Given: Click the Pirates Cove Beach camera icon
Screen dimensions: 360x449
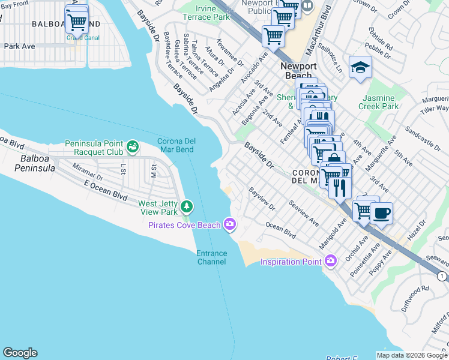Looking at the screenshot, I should point(229,224).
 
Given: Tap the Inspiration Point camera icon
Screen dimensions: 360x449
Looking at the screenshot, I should point(330,260).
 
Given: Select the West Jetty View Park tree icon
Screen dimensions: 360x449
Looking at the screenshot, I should point(187,207).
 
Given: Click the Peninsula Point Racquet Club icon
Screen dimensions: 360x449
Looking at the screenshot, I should point(132,145).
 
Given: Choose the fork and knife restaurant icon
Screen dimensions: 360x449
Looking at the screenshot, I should point(340,188).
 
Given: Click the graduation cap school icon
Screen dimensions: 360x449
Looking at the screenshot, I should point(360,67).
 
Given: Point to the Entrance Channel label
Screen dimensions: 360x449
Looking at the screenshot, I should point(212,257).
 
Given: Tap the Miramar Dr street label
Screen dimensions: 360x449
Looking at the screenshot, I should point(88,173).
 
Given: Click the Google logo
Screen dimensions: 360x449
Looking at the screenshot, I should point(20,353).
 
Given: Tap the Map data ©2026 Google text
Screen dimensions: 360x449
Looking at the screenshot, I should point(412,355).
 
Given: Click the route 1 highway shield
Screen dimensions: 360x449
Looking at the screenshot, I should point(442,275).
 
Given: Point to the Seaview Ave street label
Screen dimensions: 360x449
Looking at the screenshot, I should point(304,214).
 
